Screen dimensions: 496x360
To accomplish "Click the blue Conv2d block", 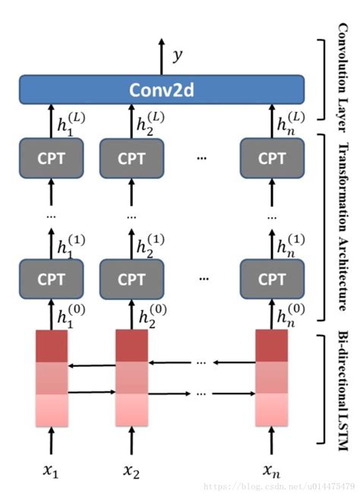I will point(161,90).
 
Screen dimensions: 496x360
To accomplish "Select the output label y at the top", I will point(177,55).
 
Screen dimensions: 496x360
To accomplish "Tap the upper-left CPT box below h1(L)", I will point(50,158).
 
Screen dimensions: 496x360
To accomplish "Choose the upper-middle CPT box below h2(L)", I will point(132,158).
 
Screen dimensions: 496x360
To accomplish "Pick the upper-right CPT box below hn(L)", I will point(271,158).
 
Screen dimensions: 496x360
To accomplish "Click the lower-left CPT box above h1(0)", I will point(50,278).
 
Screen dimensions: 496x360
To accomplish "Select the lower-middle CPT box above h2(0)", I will point(132,278).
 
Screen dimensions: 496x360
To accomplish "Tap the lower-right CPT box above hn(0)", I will point(271,278).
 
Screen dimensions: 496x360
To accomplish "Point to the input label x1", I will point(49,471).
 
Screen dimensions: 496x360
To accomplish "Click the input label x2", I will point(131,471).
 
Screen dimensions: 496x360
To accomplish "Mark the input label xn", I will point(271,471).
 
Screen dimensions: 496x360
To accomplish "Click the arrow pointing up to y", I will point(161,57).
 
